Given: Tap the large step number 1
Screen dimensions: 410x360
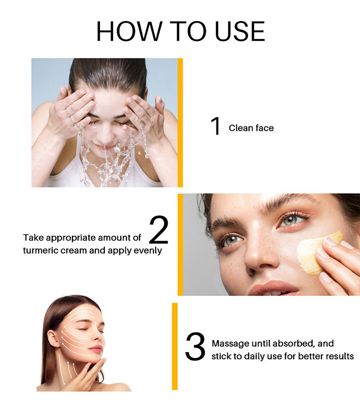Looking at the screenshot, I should coord(216,127).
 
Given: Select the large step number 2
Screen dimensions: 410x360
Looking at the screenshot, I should coord(159,230).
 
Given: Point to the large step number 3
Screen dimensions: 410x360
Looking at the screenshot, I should coord(196,348).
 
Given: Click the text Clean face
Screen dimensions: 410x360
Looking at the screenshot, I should coord(251,128).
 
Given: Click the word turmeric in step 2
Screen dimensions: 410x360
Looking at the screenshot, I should coord(42,251).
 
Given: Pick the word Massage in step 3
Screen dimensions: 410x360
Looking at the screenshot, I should coord(231,343).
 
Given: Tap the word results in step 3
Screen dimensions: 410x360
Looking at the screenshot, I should coord(339,356).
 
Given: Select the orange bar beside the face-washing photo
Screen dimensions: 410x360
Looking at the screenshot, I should coord(180,122).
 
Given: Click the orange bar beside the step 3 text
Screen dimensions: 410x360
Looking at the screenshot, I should coord(175,346).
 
